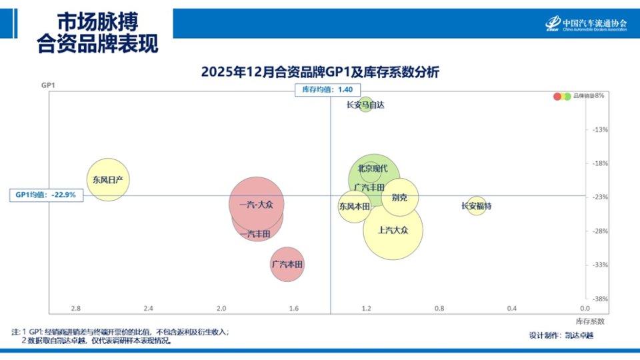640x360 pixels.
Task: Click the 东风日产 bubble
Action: (108, 179)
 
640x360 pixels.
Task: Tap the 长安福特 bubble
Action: (476, 207)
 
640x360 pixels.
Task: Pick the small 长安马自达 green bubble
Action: (365, 105)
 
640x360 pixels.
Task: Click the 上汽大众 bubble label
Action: (392, 230)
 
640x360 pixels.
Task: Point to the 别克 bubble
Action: (400, 197)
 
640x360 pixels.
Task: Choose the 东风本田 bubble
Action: (354, 207)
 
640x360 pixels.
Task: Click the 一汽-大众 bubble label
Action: (256, 205)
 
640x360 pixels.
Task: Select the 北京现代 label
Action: (373, 169)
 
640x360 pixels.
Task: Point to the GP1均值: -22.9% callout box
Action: (46, 195)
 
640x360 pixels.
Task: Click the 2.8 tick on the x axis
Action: (75, 308)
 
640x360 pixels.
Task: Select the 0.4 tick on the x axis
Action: (511, 308)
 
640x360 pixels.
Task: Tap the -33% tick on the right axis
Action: (600, 265)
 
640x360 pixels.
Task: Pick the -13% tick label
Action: (600, 129)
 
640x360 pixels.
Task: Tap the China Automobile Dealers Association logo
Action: (585, 24)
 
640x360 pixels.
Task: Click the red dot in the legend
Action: (557, 96)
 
